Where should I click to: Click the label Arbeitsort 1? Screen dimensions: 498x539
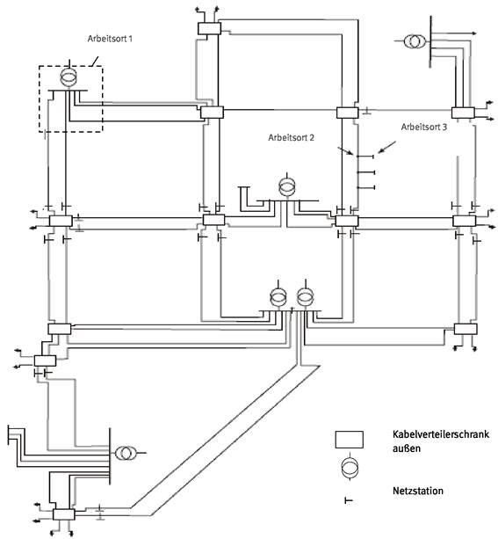point(110,39)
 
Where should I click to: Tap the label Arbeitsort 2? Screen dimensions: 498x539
point(291,137)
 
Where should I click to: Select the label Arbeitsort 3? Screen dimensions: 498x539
point(424,127)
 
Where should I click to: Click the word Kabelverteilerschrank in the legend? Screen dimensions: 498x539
point(441,434)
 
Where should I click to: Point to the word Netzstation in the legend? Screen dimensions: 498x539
point(417,490)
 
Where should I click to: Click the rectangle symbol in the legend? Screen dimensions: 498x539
point(349,440)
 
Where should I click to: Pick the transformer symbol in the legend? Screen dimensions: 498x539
point(350,468)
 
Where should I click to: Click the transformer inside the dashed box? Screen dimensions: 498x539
point(69,77)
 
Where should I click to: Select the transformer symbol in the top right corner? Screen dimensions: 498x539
point(414,41)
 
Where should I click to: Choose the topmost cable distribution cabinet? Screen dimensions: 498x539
point(209,28)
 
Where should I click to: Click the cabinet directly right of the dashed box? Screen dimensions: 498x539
point(212,113)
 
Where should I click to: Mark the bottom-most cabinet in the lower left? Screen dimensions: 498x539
point(64,514)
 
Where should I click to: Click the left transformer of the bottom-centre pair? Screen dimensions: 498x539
point(278,297)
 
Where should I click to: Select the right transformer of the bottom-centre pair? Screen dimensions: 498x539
point(305,297)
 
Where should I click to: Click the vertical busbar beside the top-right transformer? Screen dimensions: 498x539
point(430,41)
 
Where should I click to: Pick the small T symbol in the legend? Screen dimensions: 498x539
point(349,500)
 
